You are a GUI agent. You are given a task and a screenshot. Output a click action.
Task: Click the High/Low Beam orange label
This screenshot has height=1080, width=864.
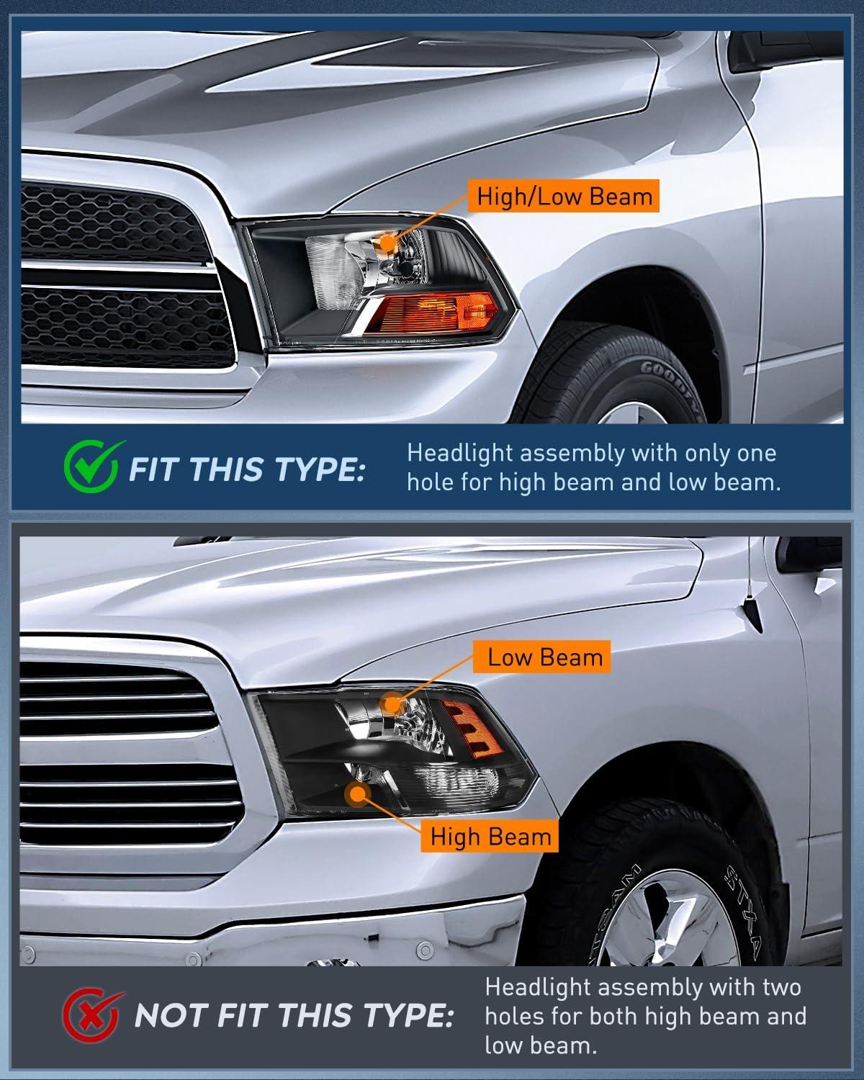[x=563, y=196]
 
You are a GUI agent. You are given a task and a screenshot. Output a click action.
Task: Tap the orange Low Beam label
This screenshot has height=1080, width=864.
[x=542, y=657]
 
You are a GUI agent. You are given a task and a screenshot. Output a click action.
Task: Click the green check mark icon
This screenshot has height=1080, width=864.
[x=92, y=467]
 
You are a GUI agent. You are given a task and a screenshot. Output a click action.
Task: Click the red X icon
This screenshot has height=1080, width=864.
[x=92, y=1014]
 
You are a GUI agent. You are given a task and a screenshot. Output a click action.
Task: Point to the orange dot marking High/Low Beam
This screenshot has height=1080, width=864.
[x=387, y=243]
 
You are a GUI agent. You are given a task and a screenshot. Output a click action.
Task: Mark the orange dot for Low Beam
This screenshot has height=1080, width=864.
[x=392, y=703]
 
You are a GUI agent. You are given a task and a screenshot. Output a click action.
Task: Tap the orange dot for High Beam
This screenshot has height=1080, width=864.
[x=357, y=794]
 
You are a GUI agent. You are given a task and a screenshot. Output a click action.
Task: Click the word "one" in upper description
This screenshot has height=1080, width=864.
[x=757, y=454]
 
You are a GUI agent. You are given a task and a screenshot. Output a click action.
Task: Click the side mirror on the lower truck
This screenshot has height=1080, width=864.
[x=809, y=554]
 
